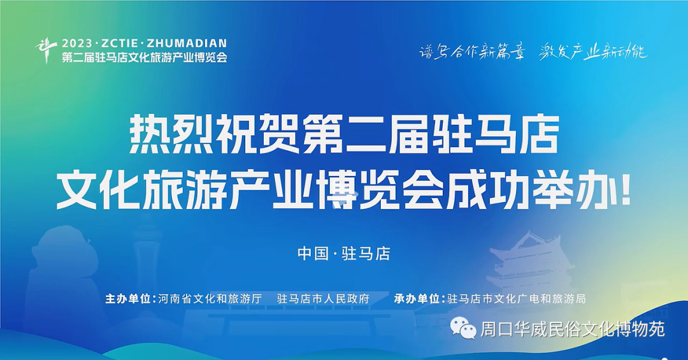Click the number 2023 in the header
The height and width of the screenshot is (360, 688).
tap(78, 43)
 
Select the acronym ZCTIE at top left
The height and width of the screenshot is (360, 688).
tap(120, 43)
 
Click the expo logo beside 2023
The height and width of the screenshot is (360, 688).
tap(46, 50)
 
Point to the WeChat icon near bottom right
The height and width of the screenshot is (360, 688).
tap(464, 328)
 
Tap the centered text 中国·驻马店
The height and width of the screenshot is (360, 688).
tap(343, 254)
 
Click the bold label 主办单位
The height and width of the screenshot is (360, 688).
tap(127, 299)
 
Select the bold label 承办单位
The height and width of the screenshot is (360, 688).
tap(417, 299)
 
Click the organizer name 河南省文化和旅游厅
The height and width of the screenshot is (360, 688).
tap(210, 299)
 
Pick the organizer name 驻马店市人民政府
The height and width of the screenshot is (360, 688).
tap(324, 299)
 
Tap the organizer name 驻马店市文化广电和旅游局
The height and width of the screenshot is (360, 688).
tap(517, 299)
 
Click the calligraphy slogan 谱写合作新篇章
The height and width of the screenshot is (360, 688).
tap(472, 52)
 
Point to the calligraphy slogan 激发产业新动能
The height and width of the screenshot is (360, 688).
tap(593, 52)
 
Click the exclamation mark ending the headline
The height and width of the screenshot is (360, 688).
tap(625, 191)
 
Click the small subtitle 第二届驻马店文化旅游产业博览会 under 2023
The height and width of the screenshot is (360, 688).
tap(145, 57)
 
